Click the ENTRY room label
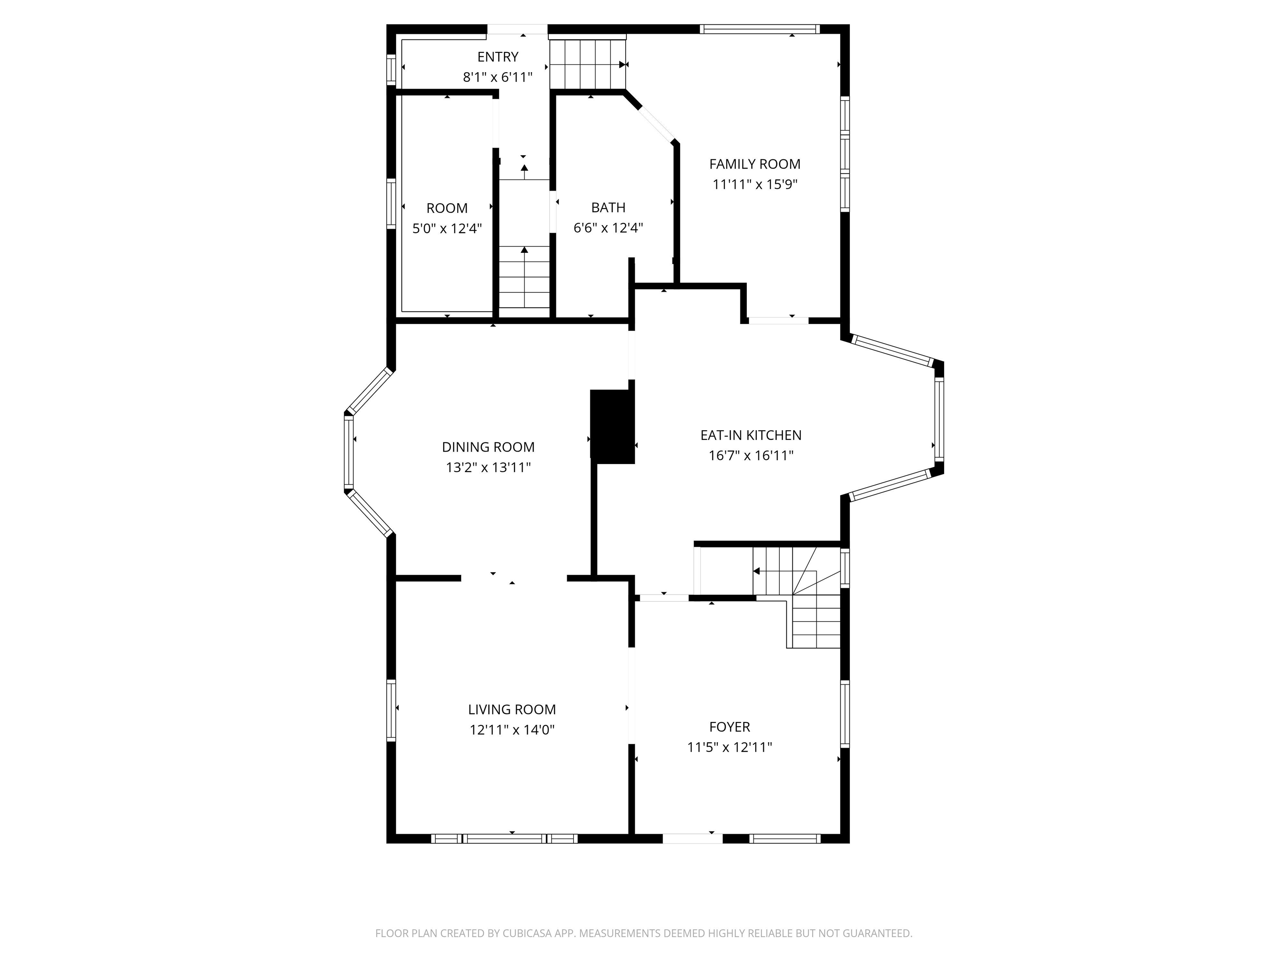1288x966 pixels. (x=497, y=57)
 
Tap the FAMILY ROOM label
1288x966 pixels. (x=755, y=164)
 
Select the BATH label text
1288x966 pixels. (x=608, y=207)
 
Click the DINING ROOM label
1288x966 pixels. (x=488, y=447)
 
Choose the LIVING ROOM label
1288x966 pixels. (x=512, y=709)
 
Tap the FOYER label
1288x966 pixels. (x=729, y=727)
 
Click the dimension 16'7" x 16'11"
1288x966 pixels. (x=750, y=455)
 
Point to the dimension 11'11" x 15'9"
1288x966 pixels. (x=755, y=184)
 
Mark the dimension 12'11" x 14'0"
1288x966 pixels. (x=512, y=730)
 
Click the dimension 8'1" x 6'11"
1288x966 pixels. (x=497, y=77)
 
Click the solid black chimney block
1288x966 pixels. (x=612, y=427)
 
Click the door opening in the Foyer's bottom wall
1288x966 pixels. (x=692, y=839)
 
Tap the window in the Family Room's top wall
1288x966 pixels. (x=759, y=29)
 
